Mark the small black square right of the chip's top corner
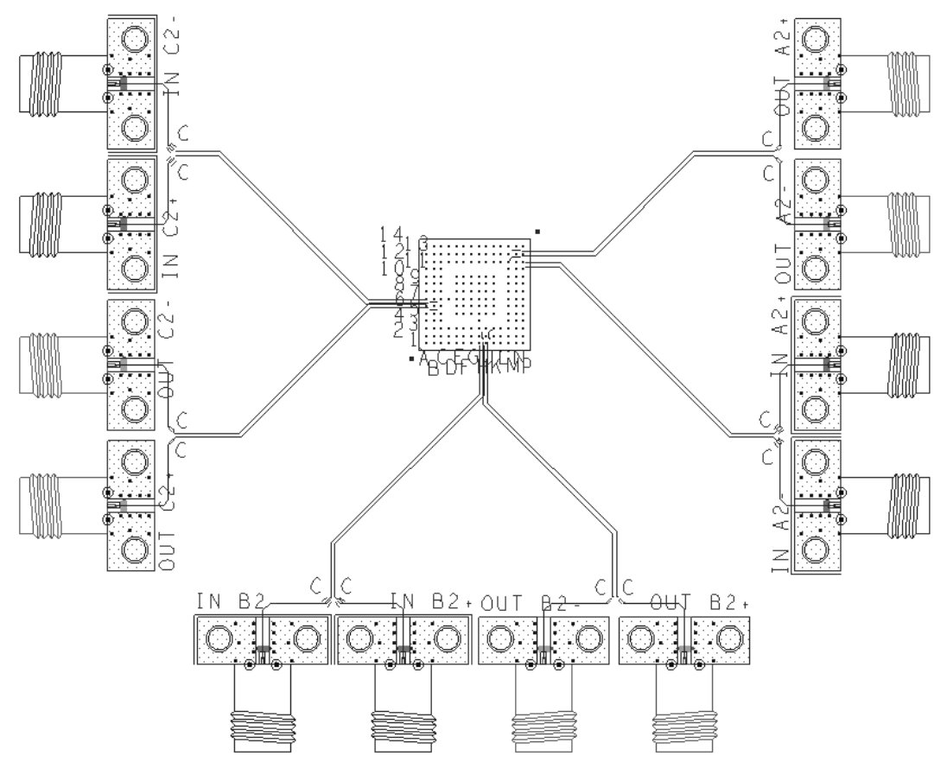point(537,231)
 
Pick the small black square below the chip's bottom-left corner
point(412,358)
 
